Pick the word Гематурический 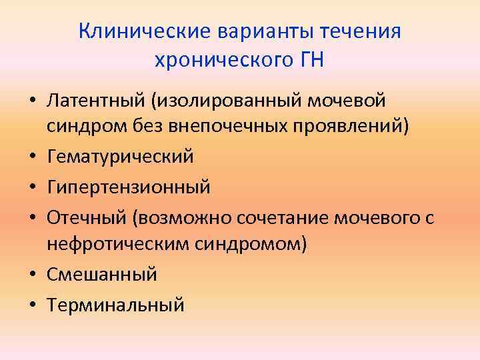tap(120, 157)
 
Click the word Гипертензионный tap(129, 187)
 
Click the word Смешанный tap(101, 274)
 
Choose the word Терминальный tap(115, 305)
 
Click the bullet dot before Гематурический tap(32, 157)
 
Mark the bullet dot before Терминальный tap(32, 305)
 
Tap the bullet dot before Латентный tap(32, 102)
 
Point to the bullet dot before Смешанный tap(32, 275)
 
